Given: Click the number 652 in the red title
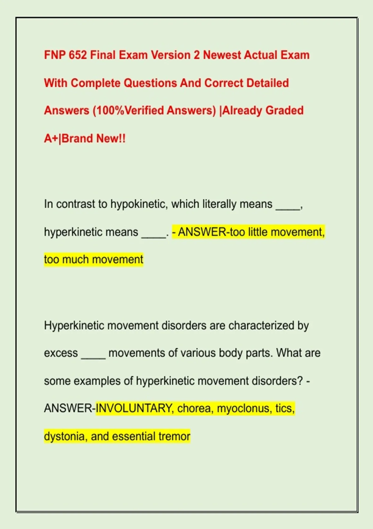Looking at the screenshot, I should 78,55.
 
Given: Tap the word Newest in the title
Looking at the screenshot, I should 222,55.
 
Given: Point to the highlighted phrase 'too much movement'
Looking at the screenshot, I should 94,260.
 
